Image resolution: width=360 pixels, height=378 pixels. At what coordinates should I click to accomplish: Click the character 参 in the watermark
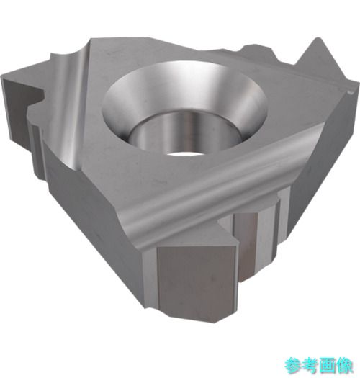point(293,366)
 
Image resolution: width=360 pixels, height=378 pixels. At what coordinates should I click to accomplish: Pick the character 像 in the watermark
point(344,366)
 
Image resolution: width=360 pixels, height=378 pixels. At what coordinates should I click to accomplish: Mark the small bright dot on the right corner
point(350,92)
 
